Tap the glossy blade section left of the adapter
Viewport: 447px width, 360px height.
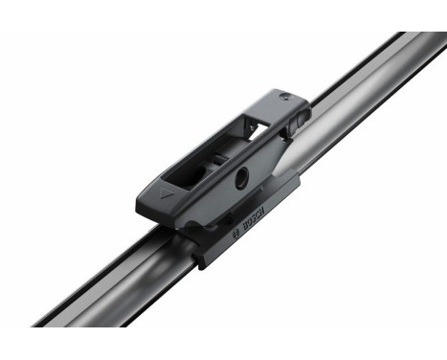point(115,278)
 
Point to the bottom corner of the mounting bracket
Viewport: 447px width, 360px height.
point(204,262)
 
